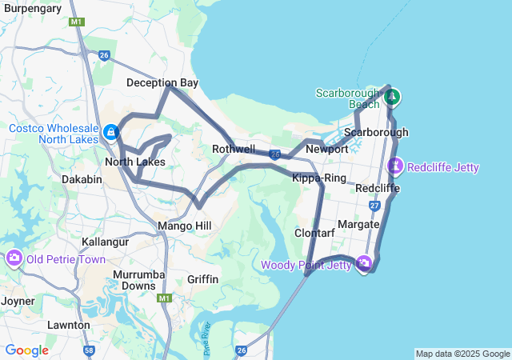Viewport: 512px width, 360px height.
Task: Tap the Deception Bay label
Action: coord(162,82)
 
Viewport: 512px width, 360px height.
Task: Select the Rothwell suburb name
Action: coord(234,149)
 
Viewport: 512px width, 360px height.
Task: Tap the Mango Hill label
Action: coord(185,226)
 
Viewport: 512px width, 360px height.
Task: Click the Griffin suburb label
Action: coord(202,279)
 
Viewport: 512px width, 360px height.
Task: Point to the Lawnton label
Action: coord(67,325)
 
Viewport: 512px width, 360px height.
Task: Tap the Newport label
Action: coord(327,149)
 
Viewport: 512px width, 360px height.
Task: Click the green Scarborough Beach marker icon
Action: coord(392,98)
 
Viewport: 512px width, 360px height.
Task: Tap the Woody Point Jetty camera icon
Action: coord(364,263)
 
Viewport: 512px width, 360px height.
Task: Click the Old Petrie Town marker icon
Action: coord(14,258)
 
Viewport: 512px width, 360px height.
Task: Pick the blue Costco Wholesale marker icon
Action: coord(110,131)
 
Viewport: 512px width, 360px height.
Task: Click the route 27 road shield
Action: coord(375,206)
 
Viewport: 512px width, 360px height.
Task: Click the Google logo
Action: coord(26,350)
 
